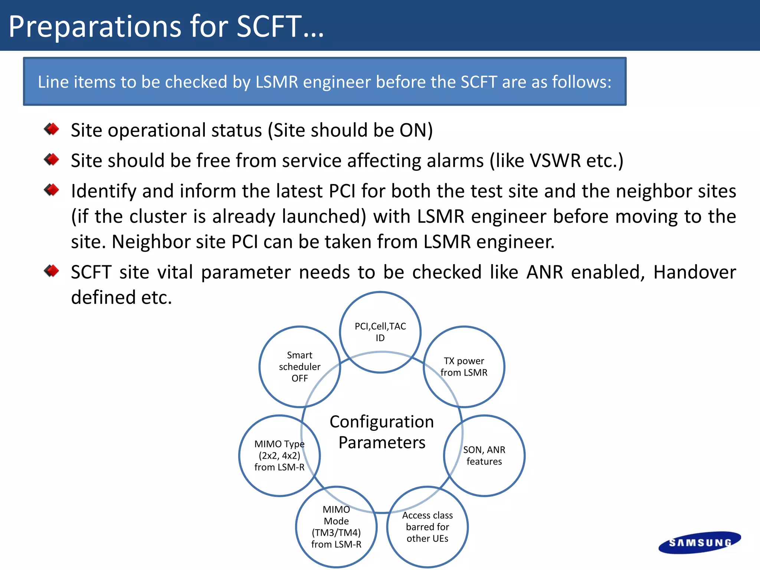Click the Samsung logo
point(699,543)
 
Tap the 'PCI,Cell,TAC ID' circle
point(380,332)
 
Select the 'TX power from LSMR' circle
point(464,367)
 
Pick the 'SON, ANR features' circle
point(484,455)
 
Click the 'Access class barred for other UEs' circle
point(427,527)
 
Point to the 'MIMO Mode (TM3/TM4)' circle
point(336,527)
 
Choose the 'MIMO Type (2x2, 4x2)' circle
point(279,455)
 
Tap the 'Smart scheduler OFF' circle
point(299,367)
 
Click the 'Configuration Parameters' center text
point(382,432)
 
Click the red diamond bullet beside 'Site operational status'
point(52,130)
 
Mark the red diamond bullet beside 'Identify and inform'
point(52,190)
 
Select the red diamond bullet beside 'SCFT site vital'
point(52,271)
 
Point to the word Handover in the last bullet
point(694,272)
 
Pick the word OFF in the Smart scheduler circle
point(299,378)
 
